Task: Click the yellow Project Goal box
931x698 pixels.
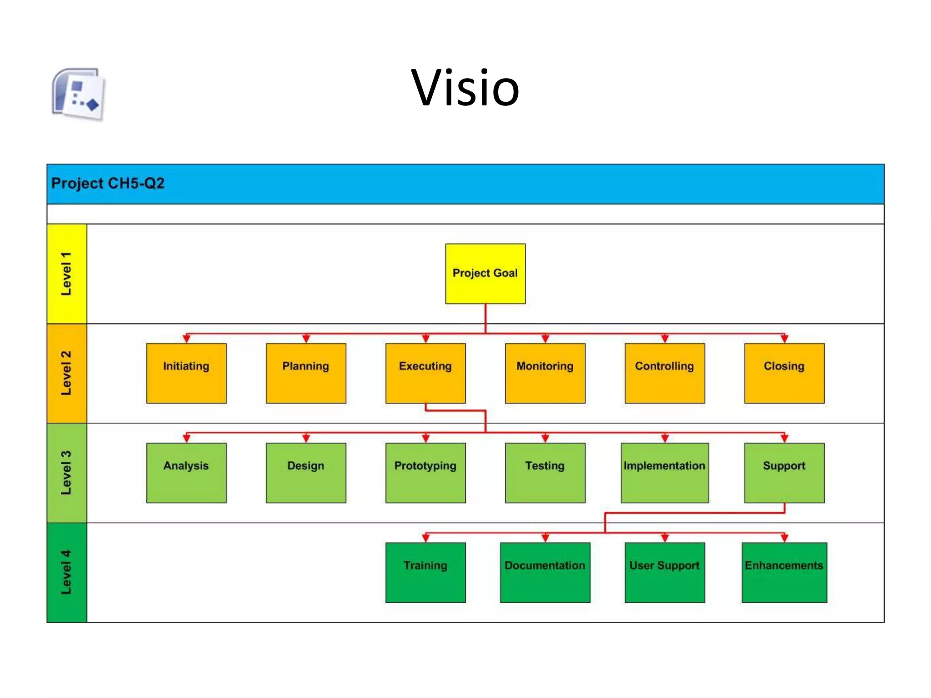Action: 485,274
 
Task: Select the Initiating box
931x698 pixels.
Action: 186,373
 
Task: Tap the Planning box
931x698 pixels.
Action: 306,373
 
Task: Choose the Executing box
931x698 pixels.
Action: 425,373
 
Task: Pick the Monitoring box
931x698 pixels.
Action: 545,373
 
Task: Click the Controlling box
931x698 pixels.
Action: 665,373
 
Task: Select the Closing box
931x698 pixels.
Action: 784,373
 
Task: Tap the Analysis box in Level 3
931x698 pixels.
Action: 186,473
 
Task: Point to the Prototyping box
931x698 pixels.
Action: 425,473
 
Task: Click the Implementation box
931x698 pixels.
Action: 665,473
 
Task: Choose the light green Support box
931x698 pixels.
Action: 784,473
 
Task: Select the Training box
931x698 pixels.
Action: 425,572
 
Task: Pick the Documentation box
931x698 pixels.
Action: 545,572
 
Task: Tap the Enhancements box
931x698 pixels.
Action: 784,572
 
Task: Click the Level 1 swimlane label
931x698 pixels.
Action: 67,274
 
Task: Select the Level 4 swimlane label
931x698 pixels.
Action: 67,572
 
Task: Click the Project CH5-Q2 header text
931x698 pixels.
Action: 108,184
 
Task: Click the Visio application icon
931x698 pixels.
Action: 79,95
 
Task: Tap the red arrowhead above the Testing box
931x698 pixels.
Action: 545,439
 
